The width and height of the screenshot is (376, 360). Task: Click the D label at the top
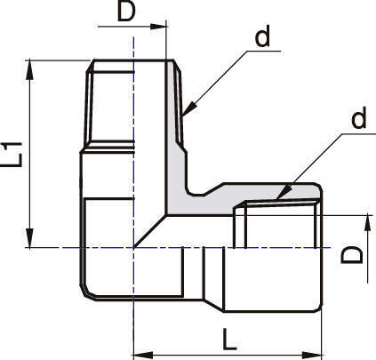point(126,12)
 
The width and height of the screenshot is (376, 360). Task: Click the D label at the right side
point(352,255)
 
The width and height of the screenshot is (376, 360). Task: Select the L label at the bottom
point(229,339)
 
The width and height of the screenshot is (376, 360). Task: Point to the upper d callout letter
point(262,36)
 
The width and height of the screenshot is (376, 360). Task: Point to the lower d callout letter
point(359,116)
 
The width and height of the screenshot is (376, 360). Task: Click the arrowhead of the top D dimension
point(157,27)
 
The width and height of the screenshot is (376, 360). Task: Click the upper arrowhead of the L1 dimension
point(29,70)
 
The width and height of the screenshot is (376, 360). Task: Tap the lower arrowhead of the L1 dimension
point(29,237)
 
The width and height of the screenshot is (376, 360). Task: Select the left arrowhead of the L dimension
point(143,355)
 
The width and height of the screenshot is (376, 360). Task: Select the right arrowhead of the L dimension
point(312,355)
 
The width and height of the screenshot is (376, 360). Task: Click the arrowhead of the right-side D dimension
point(367,223)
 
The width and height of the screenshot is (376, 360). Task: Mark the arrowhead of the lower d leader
point(284,193)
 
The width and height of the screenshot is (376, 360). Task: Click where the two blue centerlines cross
point(134,247)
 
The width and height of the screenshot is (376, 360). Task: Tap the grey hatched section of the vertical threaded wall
point(175,133)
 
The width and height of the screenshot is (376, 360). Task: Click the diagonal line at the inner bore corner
point(150,231)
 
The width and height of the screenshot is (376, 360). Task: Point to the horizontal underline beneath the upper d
point(263,52)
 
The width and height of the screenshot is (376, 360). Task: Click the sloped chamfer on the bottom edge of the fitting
point(213,305)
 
